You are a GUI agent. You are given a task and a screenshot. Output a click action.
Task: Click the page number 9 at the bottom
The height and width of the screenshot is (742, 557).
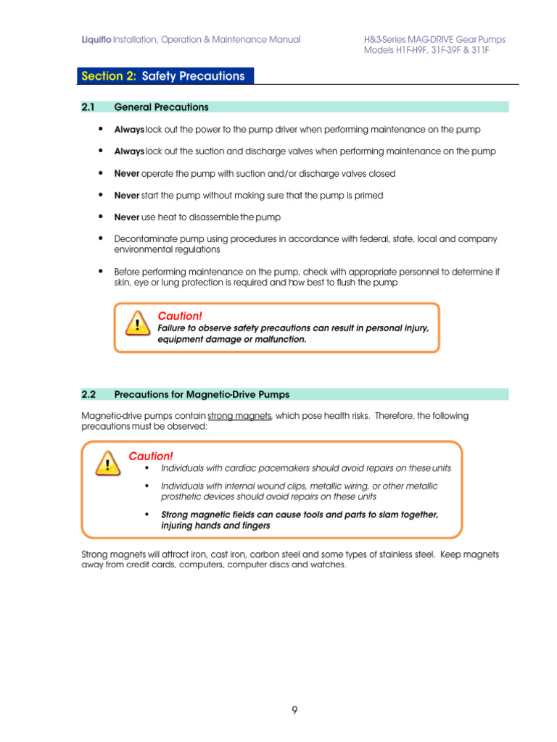point(294,710)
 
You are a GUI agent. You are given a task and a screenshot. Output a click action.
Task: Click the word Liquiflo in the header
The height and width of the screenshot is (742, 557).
point(96,40)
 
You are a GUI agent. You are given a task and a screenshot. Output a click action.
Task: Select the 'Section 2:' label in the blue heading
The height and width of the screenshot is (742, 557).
point(110,76)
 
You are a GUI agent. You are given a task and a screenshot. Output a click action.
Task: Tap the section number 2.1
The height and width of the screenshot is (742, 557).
point(88,107)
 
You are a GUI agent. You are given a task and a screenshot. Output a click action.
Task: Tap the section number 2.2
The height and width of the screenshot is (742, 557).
point(88,395)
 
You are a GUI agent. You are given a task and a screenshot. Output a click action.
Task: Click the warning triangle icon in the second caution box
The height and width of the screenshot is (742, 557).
point(108,464)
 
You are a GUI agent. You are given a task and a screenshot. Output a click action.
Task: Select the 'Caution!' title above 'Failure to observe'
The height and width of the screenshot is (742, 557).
point(179,316)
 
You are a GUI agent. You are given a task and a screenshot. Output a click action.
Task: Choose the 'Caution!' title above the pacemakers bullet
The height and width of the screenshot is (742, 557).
point(151,456)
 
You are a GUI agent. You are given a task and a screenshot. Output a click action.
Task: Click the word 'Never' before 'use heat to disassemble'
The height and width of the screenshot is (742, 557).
point(127,217)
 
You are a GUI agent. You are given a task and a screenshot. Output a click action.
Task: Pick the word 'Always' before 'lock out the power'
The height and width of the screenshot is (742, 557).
point(129,130)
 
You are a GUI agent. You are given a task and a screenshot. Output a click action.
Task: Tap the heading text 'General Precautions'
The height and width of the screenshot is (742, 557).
point(161,107)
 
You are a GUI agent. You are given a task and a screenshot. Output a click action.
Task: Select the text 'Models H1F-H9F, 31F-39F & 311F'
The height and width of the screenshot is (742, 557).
point(434,51)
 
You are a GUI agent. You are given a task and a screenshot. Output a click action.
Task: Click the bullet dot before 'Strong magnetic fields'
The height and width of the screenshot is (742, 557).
point(147,514)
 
